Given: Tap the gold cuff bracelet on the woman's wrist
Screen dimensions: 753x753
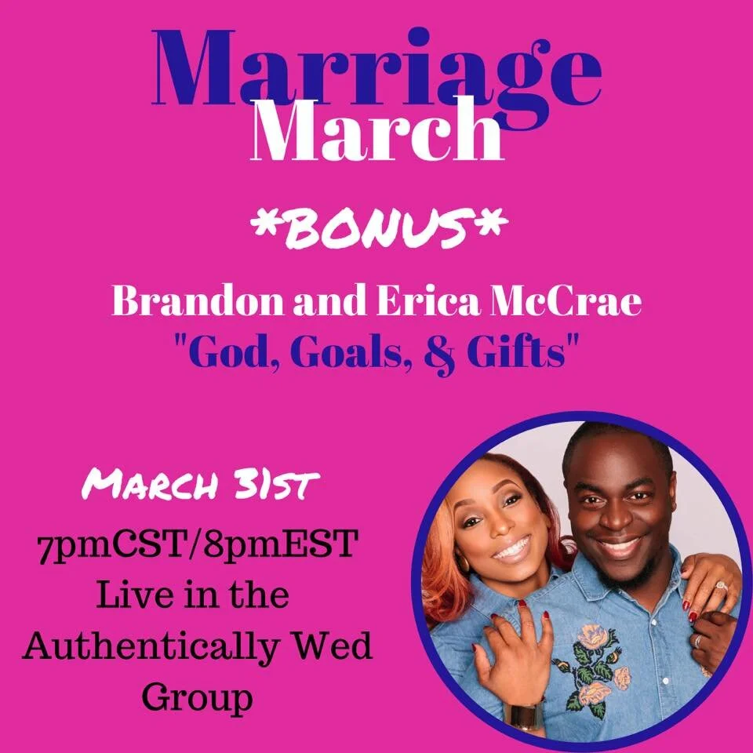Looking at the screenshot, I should [525, 714].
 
